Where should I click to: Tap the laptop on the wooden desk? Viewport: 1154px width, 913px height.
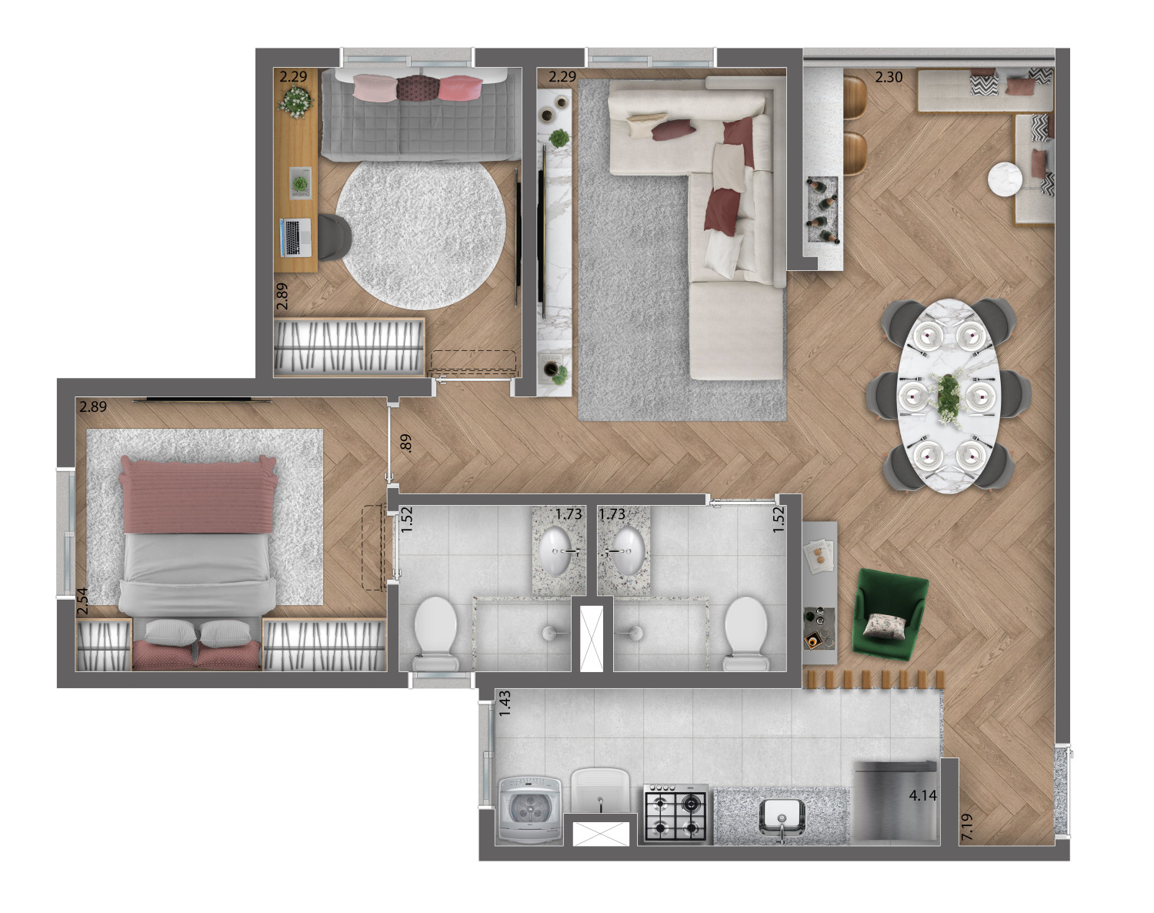pos(295,236)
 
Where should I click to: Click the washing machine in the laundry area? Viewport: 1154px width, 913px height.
pos(530,810)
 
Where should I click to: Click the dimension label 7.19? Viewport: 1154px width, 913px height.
pos(967,827)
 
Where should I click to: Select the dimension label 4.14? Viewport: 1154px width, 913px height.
pos(923,795)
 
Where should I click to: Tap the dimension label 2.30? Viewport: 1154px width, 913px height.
pos(889,77)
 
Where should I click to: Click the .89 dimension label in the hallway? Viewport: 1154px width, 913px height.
pos(406,443)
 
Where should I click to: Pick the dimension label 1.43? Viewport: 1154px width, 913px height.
pos(505,704)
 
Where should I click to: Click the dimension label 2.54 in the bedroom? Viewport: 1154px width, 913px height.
pos(82,601)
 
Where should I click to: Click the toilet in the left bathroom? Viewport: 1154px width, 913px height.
pos(435,634)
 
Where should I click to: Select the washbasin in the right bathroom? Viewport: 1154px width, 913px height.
pos(629,550)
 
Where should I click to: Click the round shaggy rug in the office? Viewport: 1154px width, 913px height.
pos(420,235)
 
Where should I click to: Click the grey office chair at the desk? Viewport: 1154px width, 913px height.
pos(334,236)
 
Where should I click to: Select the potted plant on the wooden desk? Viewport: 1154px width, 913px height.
pos(295,101)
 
